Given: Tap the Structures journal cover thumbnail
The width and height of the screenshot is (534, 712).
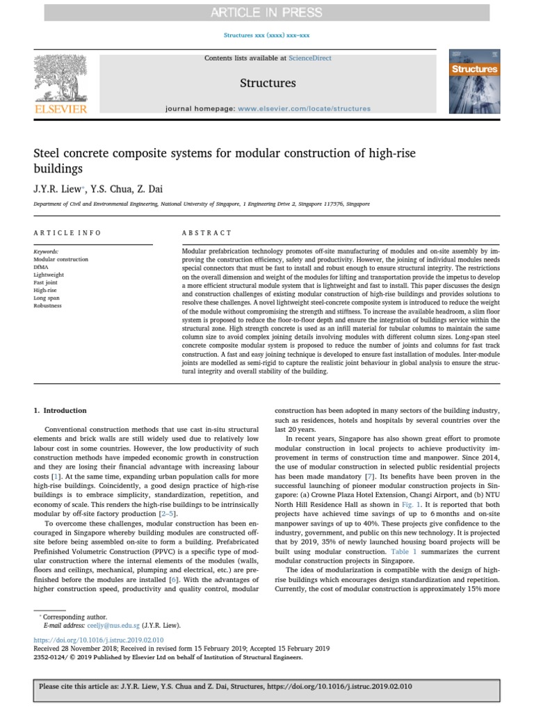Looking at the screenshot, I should [x=475, y=82].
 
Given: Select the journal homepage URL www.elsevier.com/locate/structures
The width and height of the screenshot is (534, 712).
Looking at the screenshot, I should [x=304, y=109].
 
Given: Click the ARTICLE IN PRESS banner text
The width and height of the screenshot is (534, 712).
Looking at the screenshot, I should [x=267, y=13].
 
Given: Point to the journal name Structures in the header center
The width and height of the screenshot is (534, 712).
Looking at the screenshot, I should [x=268, y=83].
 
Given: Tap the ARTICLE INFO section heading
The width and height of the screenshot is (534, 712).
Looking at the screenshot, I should [x=67, y=233].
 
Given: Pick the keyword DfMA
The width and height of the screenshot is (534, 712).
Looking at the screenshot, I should [x=42, y=267].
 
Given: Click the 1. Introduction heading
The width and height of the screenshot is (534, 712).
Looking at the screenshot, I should [x=60, y=411].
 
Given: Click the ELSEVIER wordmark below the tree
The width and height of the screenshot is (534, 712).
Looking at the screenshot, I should [x=61, y=109].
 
